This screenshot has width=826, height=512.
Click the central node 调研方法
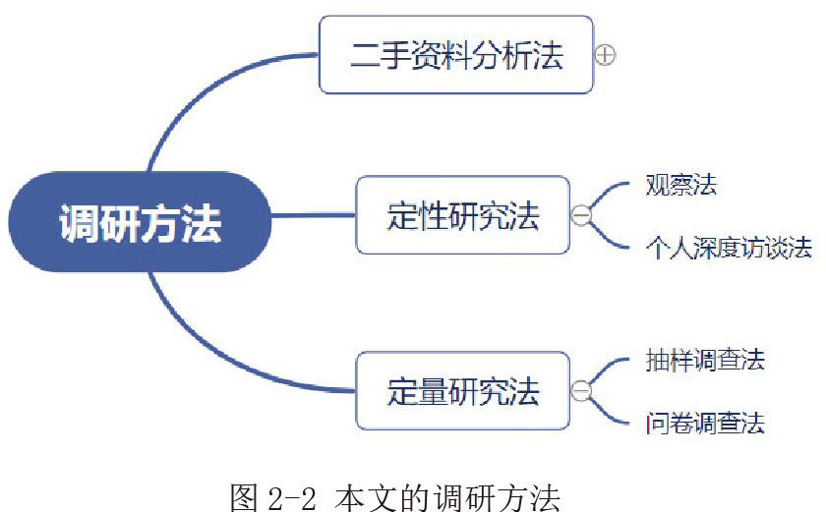point(140,222)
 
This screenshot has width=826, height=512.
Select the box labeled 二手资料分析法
point(456,55)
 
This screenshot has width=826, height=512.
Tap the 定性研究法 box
point(462,215)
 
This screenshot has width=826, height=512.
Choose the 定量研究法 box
point(462,391)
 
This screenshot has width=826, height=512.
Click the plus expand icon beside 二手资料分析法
point(606,56)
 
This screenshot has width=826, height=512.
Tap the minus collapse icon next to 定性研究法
point(581,215)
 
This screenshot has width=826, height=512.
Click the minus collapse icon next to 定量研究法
point(581,391)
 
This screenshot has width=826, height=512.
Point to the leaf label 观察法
point(680,186)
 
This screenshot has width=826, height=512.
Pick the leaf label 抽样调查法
point(705,361)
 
